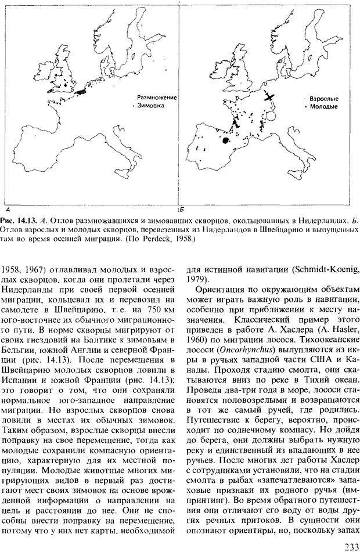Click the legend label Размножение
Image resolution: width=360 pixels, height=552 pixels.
(x=156, y=98)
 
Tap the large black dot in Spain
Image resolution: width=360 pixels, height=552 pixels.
(x=225, y=140)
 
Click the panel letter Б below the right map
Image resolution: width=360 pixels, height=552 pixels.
(x=181, y=207)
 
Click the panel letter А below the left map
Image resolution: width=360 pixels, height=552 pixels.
(x=6, y=207)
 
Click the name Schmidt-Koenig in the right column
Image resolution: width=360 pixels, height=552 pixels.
(x=316, y=268)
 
